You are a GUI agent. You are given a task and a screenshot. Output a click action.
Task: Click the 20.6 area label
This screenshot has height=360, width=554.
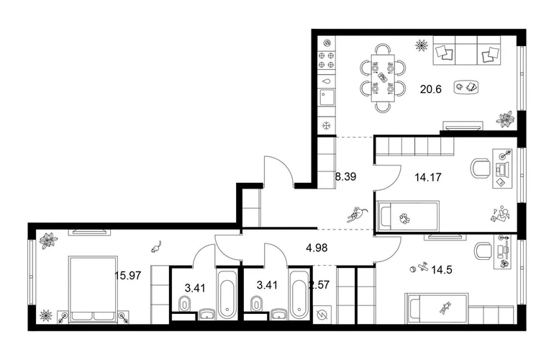pyautogui.click(x=431, y=89)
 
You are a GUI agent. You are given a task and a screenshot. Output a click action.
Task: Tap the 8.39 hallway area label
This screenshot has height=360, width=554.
pyautogui.click(x=345, y=176)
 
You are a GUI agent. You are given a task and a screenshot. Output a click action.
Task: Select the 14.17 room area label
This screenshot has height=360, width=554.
pyautogui.click(x=428, y=177)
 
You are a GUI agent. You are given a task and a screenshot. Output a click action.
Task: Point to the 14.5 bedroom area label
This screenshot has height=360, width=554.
pyautogui.click(x=442, y=270)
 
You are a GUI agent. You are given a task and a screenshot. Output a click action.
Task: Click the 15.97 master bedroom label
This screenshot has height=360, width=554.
pyautogui.click(x=128, y=275)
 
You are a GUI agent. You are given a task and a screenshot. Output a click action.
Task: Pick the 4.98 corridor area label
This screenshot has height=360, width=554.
pyautogui.click(x=317, y=248)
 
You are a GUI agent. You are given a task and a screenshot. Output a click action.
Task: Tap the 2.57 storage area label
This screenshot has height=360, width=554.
pyautogui.click(x=319, y=285)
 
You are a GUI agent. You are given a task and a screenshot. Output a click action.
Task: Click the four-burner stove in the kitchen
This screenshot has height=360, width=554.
pyautogui.click(x=326, y=60)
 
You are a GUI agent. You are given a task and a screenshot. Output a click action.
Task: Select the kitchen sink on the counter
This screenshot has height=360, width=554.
pyautogui.click(x=327, y=97)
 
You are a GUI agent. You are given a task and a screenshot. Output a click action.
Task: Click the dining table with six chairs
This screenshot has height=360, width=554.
pyautogui.click(x=383, y=78)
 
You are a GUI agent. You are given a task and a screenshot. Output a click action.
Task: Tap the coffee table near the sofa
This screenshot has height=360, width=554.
pyautogui.click(x=466, y=87)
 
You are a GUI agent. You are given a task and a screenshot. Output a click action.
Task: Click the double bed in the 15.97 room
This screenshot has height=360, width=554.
pyautogui.click(x=94, y=289)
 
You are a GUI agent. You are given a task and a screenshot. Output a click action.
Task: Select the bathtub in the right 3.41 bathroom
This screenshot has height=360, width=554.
pyautogui.click(x=299, y=294)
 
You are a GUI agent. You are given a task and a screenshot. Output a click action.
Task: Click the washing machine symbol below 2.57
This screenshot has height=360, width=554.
pyautogui.click(x=322, y=315)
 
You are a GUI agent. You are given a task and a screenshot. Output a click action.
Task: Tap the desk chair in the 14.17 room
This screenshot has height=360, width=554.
pyautogui.click(x=481, y=168)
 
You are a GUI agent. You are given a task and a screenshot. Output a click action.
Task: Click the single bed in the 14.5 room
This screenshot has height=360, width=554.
pyautogui.click(x=437, y=308)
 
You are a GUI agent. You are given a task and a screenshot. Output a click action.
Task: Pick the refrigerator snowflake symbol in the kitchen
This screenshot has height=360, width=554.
pyautogui.click(x=326, y=125)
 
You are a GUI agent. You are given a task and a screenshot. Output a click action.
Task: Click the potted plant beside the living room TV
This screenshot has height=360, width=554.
pyautogui.click(x=505, y=119)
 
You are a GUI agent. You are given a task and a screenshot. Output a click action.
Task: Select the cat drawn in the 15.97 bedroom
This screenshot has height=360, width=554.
pyautogui.click(x=156, y=246)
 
